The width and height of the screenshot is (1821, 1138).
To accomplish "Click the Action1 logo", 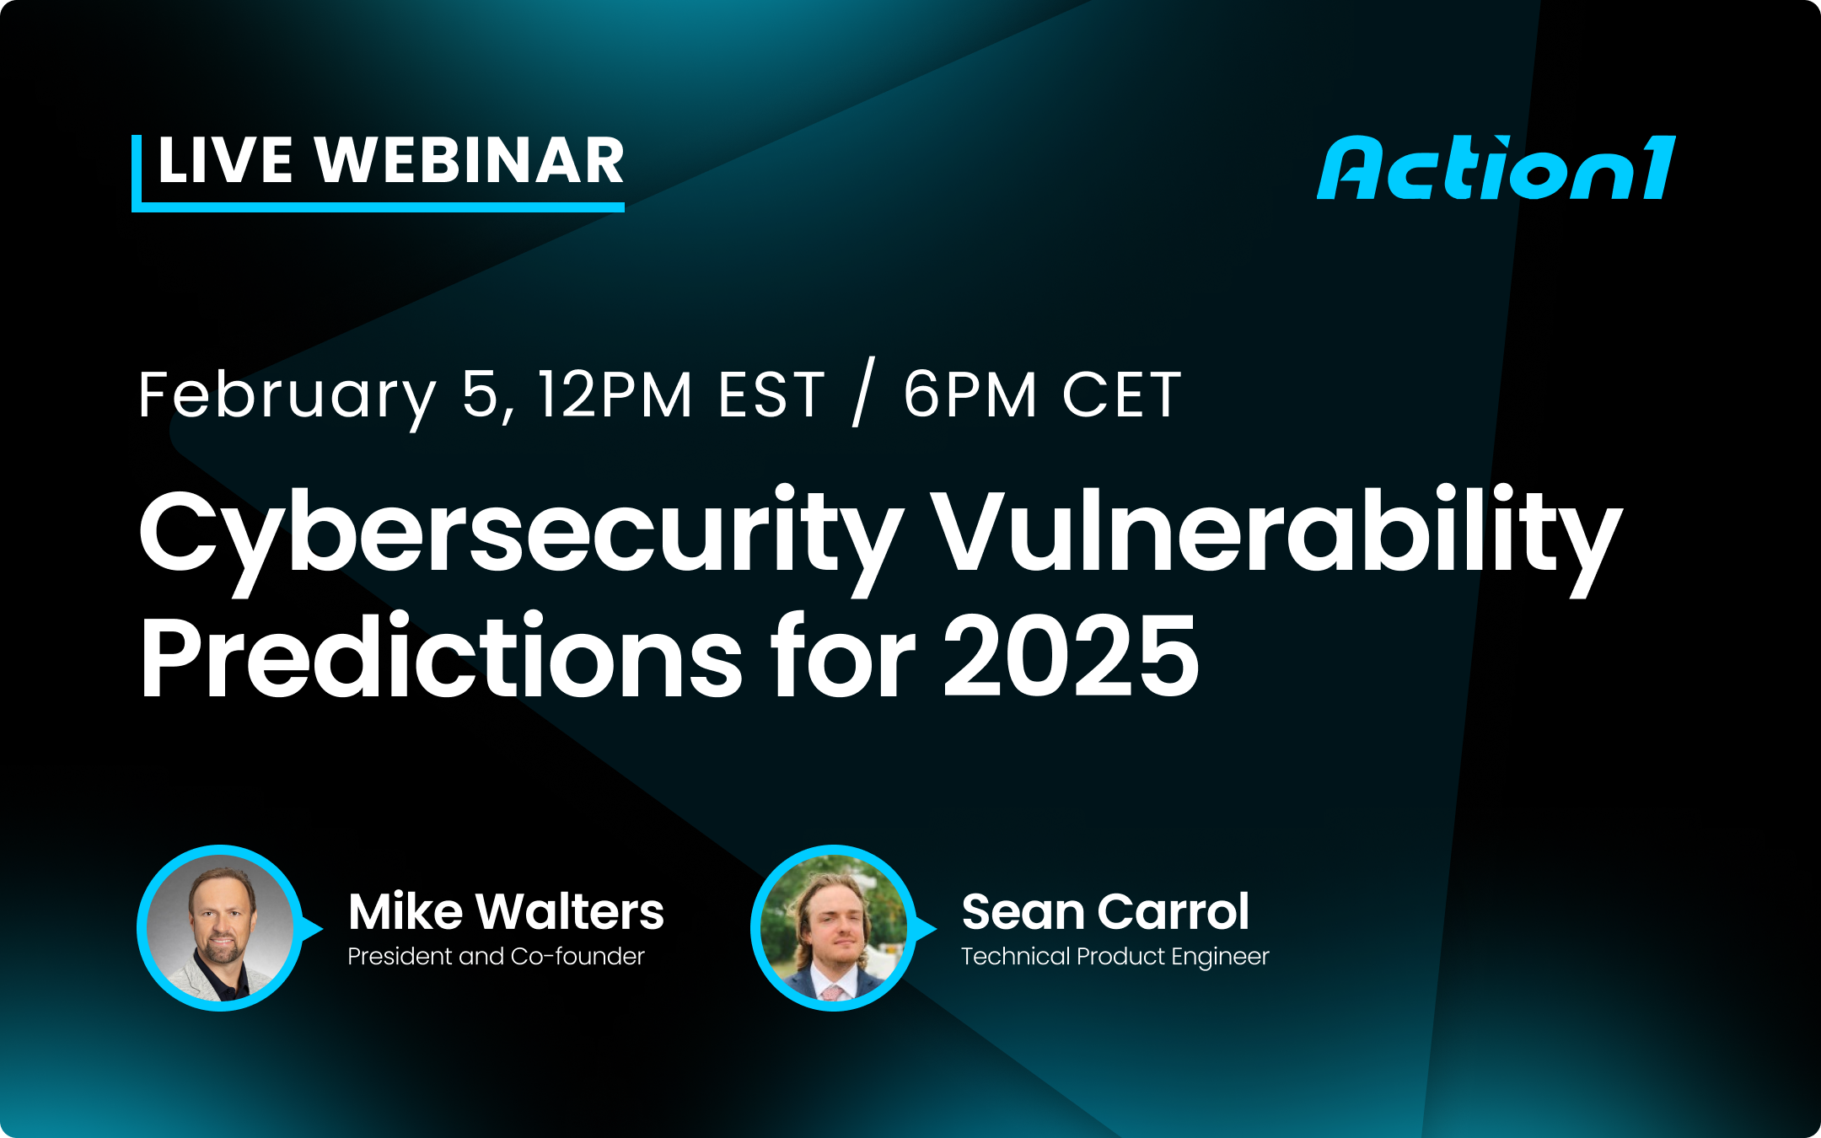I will tap(1496, 169).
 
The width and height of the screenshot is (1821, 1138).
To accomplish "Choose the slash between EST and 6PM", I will tap(864, 393).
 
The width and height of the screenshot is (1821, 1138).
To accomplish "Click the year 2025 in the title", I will tap(1071, 658).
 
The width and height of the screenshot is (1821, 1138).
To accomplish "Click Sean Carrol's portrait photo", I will tap(834, 927).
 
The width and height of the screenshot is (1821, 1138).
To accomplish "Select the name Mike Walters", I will tap(506, 912).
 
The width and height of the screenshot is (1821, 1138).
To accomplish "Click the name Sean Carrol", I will tap(1105, 912).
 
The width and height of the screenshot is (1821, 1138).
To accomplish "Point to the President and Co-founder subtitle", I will tap(496, 957).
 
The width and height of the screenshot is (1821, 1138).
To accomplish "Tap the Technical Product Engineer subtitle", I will tap(1115, 957).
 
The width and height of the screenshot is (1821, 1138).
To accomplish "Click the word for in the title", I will tap(842, 658).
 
